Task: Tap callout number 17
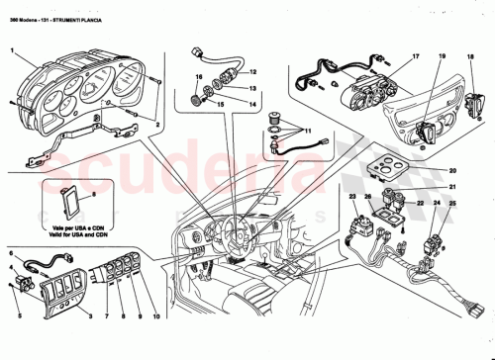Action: click(x=417, y=57)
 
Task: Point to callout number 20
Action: click(x=452, y=170)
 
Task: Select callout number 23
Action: click(x=351, y=199)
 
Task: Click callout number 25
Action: click(x=452, y=204)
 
